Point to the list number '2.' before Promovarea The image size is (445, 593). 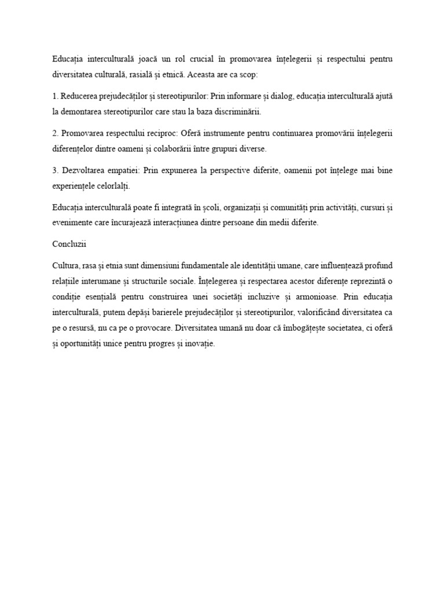pos(55,133)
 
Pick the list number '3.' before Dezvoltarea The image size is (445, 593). pos(55,171)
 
